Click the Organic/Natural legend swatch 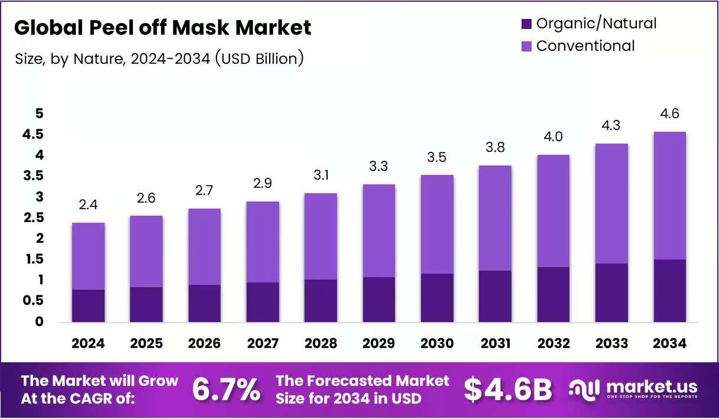pyautogui.click(x=526, y=24)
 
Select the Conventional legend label pyautogui.click(x=585, y=46)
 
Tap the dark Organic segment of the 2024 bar pyautogui.click(x=88, y=306)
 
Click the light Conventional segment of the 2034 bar pyautogui.click(x=669, y=196)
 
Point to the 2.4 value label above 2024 pyautogui.click(x=88, y=204)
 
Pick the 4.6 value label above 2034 pyautogui.click(x=669, y=113)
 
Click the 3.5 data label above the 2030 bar pyautogui.click(x=437, y=157)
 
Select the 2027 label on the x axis pyautogui.click(x=263, y=343)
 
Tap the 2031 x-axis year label pyautogui.click(x=495, y=343)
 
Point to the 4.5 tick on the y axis pyautogui.click(x=33, y=134)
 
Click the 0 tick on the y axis pyautogui.click(x=39, y=321)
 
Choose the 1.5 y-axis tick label pyautogui.click(x=35, y=259)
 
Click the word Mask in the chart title pyautogui.click(x=200, y=27)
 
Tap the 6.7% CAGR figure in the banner pyautogui.click(x=226, y=389)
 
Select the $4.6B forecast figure pyautogui.click(x=508, y=390)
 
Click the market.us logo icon pyautogui.click(x=584, y=390)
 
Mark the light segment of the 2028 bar pyautogui.click(x=320, y=236)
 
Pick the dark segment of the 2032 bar pyautogui.click(x=553, y=294)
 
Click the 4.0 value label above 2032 pyautogui.click(x=553, y=137)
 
